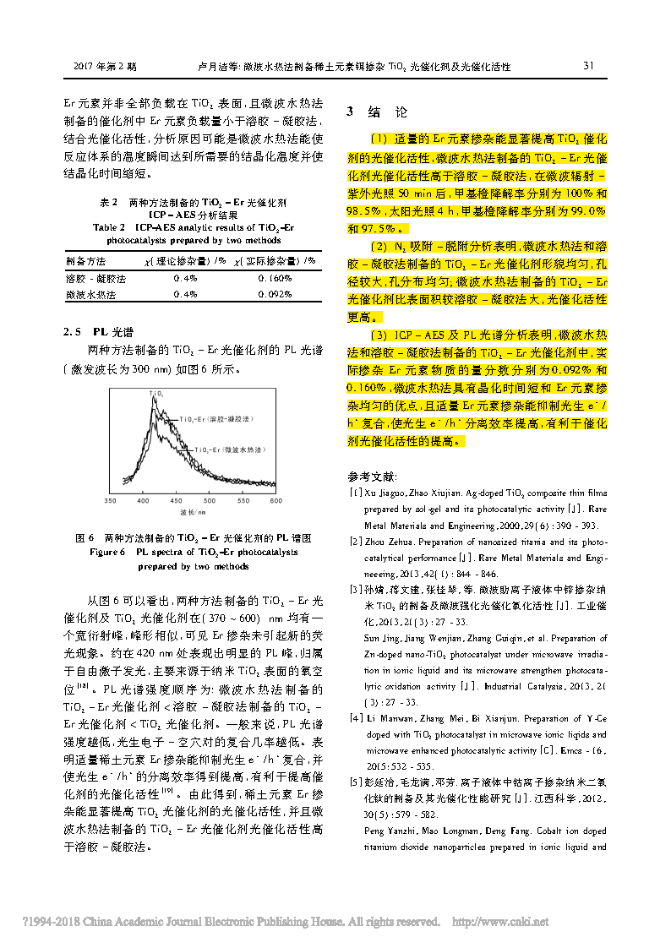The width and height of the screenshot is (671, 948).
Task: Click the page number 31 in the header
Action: (589, 66)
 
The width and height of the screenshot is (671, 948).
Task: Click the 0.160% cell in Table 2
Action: (274, 278)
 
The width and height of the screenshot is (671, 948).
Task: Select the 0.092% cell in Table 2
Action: (274, 295)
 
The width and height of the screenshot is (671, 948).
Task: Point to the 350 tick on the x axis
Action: (110, 501)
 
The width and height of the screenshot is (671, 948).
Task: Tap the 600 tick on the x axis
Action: (275, 501)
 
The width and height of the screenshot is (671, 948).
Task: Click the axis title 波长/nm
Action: (193, 513)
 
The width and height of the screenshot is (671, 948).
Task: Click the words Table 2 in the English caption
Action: (109, 227)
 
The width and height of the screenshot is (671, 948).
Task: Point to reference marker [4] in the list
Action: (357, 718)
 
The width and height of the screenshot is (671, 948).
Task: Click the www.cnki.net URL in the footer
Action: (510, 921)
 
